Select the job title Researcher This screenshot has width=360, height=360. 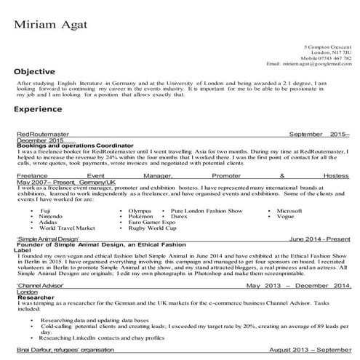coord(33,297)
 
